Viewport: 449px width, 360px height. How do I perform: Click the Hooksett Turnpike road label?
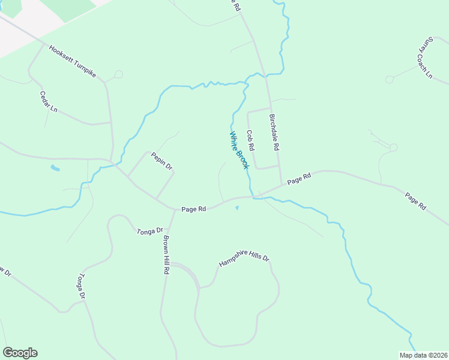click(73, 63)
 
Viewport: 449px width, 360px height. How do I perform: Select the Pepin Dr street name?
click(161, 160)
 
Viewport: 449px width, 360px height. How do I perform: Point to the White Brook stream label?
click(239, 150)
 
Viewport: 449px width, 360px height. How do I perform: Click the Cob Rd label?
click(251, 140)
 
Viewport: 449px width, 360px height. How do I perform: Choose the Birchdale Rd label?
click(274, 132)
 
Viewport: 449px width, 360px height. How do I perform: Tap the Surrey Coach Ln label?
click(426, 58)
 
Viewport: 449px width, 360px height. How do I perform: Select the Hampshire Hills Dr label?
click(244, 262)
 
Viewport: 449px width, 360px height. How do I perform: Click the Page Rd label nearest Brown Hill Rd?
click(194, 209)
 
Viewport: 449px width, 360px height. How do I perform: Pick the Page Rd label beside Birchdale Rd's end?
click(299, 178)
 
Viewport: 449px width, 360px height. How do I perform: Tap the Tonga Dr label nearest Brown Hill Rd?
click(150, 230)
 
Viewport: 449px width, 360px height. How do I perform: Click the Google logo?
click(20, 353)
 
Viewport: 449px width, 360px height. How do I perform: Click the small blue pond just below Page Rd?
click(237, 209)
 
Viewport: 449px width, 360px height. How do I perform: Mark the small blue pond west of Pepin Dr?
click(55, 168)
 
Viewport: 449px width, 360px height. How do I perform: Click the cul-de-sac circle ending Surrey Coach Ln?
click(390, 79)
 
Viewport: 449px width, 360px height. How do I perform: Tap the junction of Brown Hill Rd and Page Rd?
click(174, 209)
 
